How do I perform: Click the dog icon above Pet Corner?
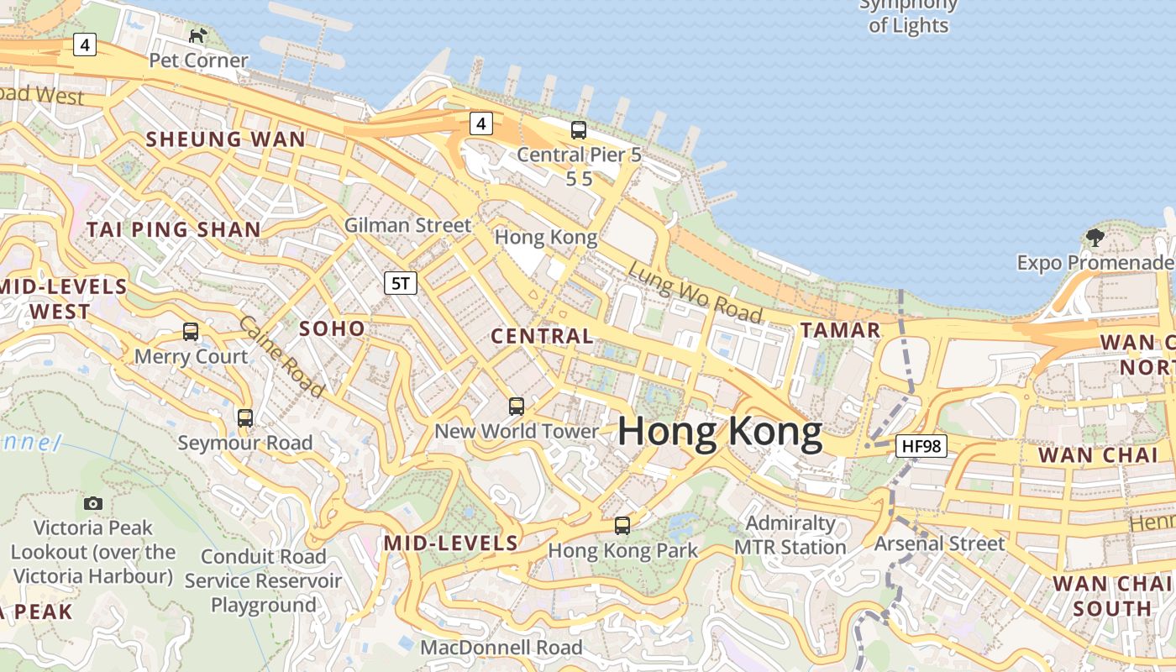[x=197, y=35]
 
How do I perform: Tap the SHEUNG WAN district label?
[x=226, y=139]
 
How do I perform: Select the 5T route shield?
[x=401, y=283]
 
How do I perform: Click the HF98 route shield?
[x=921, y=445]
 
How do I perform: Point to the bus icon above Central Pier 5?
[x=579, y=130]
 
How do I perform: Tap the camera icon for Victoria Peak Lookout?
[x=93, y=503]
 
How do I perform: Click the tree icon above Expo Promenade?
[x=1095, y=238]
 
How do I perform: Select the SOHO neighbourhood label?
[x=333, y=328]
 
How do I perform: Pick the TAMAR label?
[x=840, y=330]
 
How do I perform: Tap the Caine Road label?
[x=281, y=356]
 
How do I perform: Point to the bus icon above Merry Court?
[x=191, y=332]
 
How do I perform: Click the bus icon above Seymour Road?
[x=245, y=417]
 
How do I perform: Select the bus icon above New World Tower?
[x=517, y=407]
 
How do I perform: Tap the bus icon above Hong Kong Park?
[x=622, y=526]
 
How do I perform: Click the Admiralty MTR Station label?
[x=790, y=535]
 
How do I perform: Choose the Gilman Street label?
[x=408, y=225]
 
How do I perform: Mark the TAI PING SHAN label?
[x=174, y=229]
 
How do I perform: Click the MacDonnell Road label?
[x=501, y=648]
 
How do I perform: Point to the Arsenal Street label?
[x=939, y=543]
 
